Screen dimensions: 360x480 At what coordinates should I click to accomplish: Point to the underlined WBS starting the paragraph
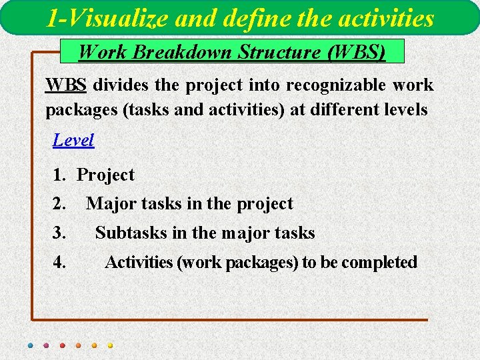tap(66, 85)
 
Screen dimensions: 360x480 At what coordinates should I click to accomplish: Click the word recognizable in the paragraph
tap(331, 85)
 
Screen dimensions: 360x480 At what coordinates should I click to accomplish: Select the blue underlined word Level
tap(73, 140)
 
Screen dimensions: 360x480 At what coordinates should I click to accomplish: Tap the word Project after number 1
tap(106, 175)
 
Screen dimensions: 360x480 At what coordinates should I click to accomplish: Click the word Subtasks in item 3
tap(131, 233)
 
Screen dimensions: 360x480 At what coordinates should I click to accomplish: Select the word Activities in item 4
tap(139, 262)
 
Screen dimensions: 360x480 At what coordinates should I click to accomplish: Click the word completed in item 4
tap(379, 262)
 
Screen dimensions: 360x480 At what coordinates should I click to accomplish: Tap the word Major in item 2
tap(109, 204)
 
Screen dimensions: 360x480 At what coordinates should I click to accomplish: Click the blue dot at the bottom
tap(30, 345)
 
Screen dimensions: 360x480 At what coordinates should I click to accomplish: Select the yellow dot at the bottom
tap(110, 345)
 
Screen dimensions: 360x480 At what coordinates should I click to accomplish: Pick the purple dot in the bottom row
tap(46, 345)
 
